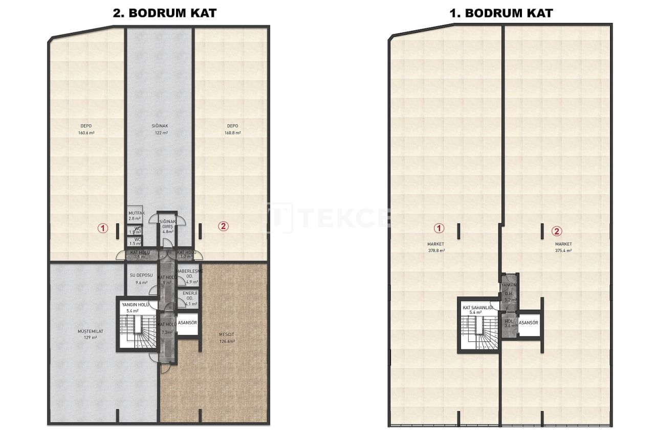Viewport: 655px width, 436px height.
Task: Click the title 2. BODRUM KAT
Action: (x=165, y=13)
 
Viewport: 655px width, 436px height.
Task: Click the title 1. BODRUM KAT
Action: (x=501, y=13)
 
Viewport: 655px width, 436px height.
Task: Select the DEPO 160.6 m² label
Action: (x=86, y=129)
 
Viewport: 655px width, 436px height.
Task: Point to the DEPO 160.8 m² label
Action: (x=233, y=129)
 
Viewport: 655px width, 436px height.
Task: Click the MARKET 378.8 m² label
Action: (x=436, y=247)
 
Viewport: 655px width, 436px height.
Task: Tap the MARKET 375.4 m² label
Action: (x=563, y=247)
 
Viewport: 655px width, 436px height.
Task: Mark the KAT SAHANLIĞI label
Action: (x=477, y=309)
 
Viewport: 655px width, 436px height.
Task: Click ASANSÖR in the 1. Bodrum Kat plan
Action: (x=529, y=323)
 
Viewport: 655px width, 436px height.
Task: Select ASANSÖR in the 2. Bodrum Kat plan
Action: (x=187, y=323)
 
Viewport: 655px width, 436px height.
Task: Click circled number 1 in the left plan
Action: (x=103, y=228)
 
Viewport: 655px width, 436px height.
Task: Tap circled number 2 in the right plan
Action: (x=556, y=231)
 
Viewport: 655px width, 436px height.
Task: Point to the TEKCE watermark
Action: (x=327, y=217)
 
